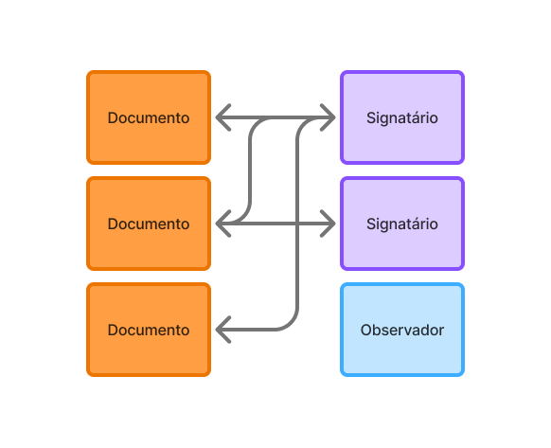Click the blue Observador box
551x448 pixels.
[402, 330]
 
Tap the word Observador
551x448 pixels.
[402, 331]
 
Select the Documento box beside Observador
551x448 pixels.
[149, 330]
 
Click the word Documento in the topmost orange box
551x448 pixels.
[149, 117]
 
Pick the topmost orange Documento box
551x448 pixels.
[149, 117]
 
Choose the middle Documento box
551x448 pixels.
[149, 224]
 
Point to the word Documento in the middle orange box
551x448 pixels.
[149, 224]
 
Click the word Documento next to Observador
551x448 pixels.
[149, 331]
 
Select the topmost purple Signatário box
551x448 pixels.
[402, 117]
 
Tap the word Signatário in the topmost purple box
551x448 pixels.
[402, 117]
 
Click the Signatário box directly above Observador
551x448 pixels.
[402, 224]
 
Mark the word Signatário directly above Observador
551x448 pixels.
[402, 224]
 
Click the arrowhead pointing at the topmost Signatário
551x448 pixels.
[329, 117]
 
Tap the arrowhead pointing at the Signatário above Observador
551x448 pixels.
[329, 224]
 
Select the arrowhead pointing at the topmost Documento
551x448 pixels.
[222, 117]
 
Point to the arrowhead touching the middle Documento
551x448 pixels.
[222, 224]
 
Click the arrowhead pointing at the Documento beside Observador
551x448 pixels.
[222, 330]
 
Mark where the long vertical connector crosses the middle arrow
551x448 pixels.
[297, 224]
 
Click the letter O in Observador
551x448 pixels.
[366, 331]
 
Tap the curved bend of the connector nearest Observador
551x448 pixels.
[291, 323]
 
